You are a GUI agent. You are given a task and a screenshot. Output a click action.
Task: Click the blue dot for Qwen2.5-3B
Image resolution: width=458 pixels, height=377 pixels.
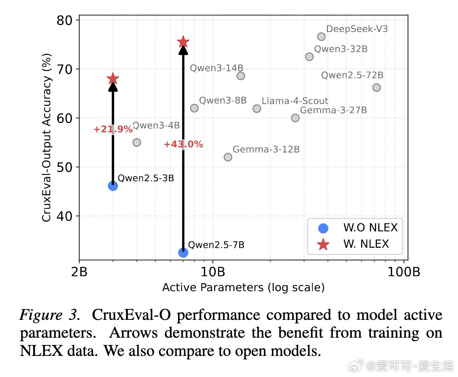pyautogui.click(x=113, y=186)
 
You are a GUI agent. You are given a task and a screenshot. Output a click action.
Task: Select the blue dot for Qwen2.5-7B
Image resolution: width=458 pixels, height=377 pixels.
pyautogui.click(x=183, y=252)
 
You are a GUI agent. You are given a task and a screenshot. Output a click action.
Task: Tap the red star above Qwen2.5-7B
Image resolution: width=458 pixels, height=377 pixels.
pyautogui.click(x=183, y=42)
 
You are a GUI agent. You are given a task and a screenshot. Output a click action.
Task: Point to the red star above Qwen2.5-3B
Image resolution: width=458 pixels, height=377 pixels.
pyautogui.click(x=113, y=79)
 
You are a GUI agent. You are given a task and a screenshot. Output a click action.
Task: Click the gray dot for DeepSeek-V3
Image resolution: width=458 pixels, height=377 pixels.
pyautogui.click(x=321, y=37)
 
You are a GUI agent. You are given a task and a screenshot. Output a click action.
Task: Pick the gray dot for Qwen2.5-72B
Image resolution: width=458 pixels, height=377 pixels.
pyautogui.click(x=376, y=88)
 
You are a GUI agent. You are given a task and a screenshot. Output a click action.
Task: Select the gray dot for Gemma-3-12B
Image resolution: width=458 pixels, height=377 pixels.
pyautogui.click(x=228, y=157)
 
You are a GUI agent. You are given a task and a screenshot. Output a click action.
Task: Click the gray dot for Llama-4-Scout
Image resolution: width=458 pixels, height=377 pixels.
pyautogui.click(x=257, y=109)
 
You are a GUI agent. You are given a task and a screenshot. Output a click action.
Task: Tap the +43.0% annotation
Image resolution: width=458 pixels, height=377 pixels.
pyautogui.click(x=183, y=144)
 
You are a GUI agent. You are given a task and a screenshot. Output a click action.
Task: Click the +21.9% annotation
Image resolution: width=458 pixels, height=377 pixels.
pyautogui.click(x=113, y=130)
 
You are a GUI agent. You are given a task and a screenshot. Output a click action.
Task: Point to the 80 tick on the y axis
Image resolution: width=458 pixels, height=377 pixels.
pyautogui.click(x=64, y=20)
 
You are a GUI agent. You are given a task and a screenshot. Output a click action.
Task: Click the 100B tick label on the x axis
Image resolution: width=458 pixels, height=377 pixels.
pyautogui.click(x=404, y=272)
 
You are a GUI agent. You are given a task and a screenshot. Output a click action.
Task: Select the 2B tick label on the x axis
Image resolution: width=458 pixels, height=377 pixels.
pyautogui.click(x=79, y=272)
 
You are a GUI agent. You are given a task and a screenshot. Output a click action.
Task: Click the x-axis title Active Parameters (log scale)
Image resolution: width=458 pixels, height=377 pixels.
pyautogui.click(x=243, y=287)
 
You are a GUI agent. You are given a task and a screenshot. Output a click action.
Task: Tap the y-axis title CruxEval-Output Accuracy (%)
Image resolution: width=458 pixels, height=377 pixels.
pyautogui.click(x=47, y=138)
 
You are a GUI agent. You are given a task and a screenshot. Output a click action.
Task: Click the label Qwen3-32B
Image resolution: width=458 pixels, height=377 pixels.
pyautogui.click(x=341, y=49)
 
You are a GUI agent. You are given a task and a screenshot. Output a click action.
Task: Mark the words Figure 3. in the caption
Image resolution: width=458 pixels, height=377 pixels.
pyautogui.click(x=49, y=315)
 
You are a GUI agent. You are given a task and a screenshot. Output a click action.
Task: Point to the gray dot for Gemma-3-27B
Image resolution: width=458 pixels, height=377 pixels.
pyautogui.click(x=295, y=118)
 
